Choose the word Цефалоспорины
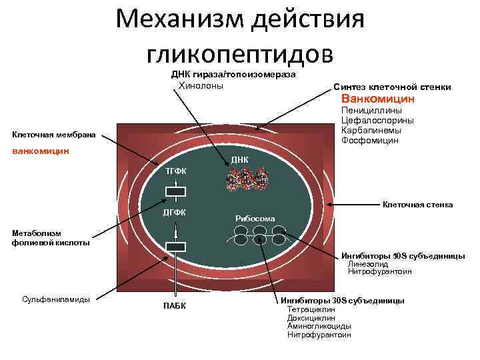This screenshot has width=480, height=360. click(x=377, y=121)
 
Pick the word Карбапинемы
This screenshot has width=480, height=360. click(x=369, y=131)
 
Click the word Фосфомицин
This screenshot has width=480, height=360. click(x=369, y=141)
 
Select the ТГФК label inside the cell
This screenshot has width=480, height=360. click(x=176, y=172)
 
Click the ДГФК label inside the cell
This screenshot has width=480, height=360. click(x=175, y=213)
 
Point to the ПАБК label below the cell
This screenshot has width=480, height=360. click(x=175, y=306)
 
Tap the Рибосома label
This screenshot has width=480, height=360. click(x=255, y=218)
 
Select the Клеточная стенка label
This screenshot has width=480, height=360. click(x=417, y=205)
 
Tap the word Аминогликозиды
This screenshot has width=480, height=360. click(x=319, y=326)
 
